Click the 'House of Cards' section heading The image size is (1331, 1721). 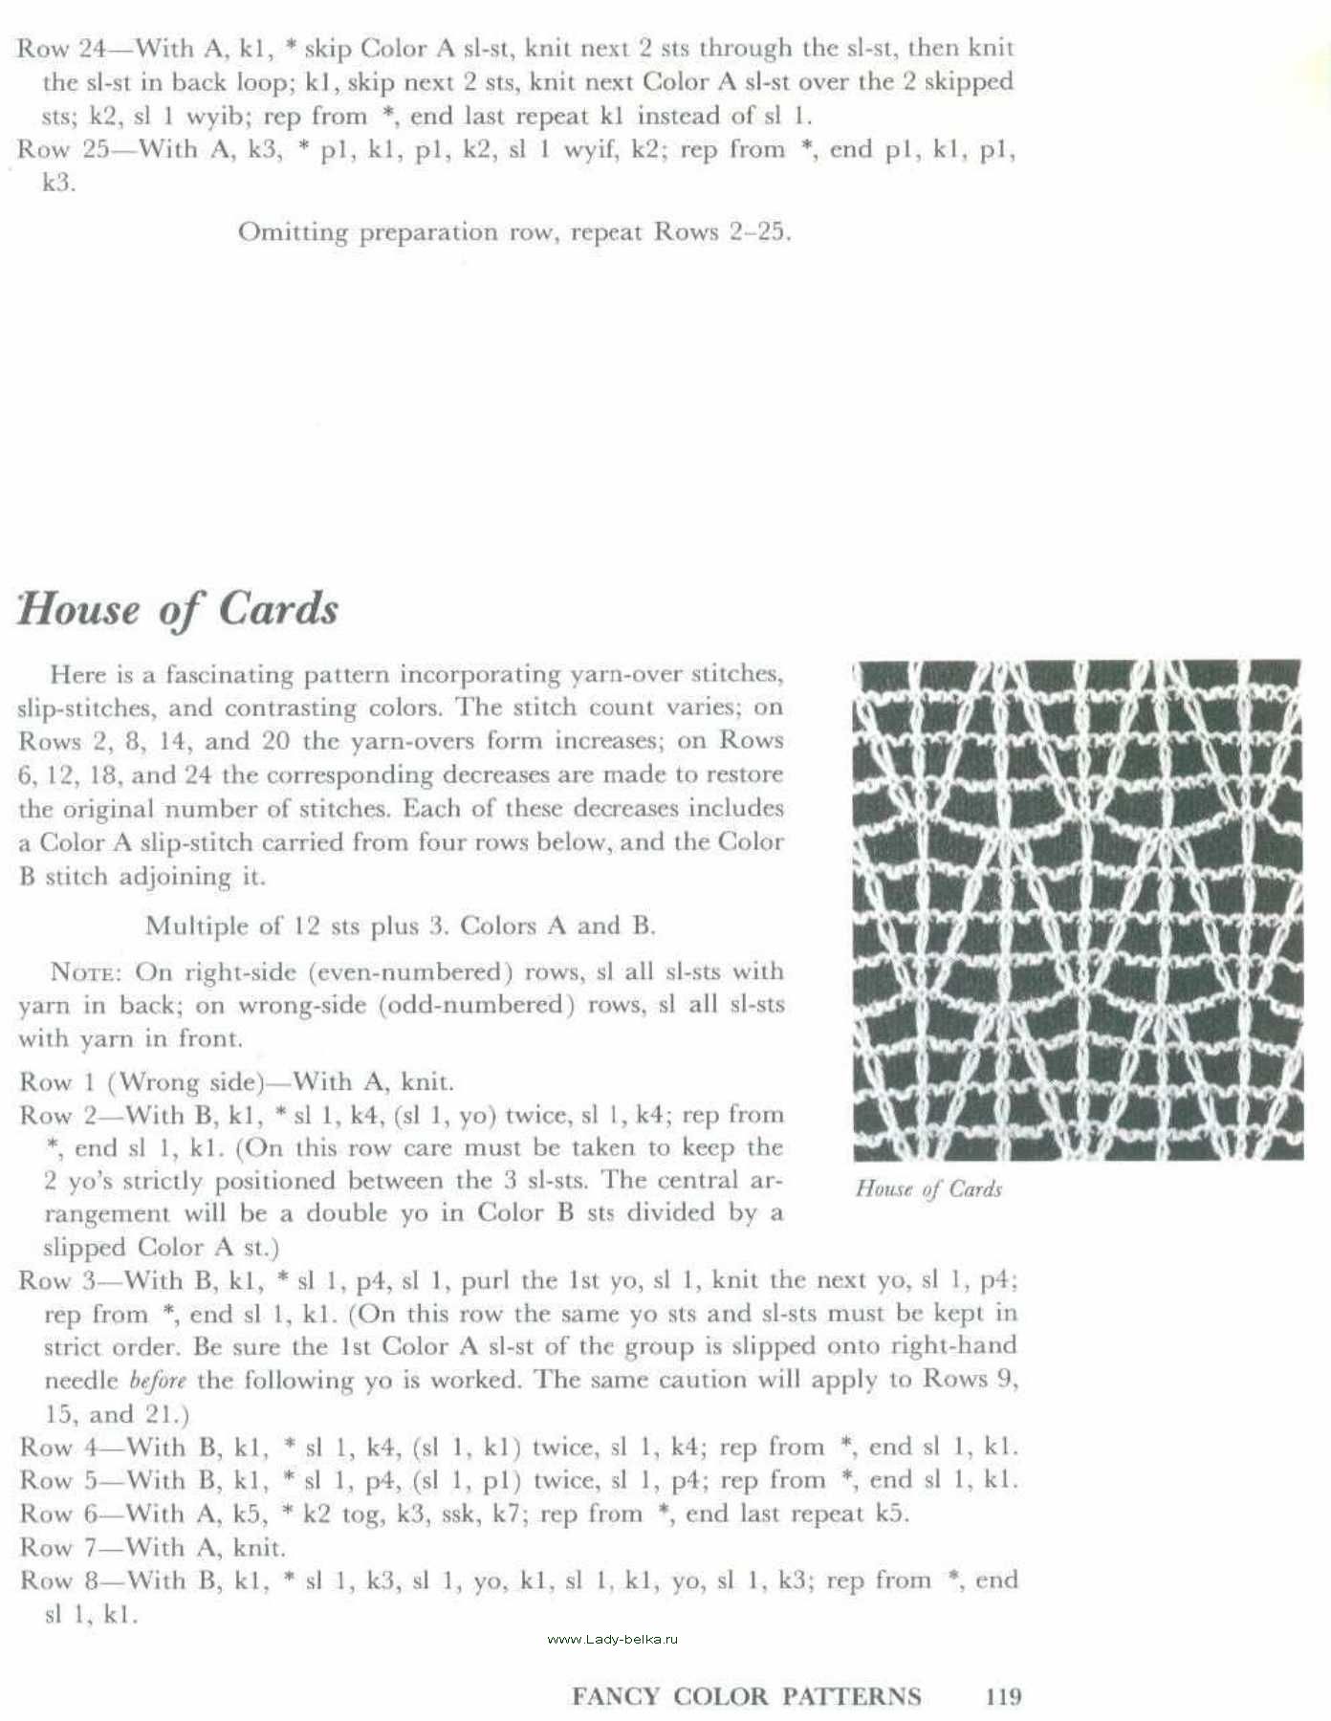[x=178, y=609]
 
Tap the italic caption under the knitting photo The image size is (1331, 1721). [x=927, y=1188]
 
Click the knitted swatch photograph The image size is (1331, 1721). [x=1076, y=909]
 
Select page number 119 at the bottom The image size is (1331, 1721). [x=1003, y=1696]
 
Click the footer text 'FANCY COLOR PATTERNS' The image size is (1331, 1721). [x=746, y=1696]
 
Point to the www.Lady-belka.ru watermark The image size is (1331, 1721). [x=612, y=1639]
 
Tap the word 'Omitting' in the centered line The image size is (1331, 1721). [x=293, y=232]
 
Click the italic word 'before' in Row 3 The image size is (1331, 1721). [x=157, y=1381]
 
